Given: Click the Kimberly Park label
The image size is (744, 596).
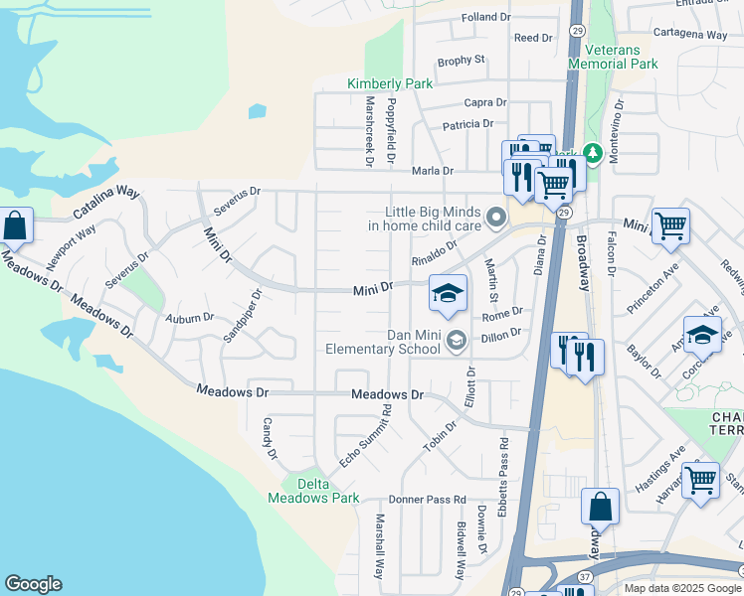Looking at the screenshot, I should click(390, 84).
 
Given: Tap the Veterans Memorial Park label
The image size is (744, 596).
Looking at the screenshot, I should click(613, 57).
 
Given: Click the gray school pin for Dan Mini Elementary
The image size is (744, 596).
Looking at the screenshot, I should click(456, 342).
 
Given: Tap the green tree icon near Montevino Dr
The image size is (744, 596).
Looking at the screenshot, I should click(593, 153).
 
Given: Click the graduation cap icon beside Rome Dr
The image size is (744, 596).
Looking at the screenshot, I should click(449, 293).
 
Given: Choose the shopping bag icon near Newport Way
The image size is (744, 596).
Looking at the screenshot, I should click(15, 226).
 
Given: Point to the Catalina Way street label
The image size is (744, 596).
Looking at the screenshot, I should click(107, 202).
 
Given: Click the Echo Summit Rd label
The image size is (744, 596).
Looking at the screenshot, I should click(363, 440).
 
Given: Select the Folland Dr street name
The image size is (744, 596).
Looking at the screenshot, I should click(485, 18).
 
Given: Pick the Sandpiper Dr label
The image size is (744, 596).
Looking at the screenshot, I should click(242, 316).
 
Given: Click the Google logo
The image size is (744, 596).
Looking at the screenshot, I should click(33, 584).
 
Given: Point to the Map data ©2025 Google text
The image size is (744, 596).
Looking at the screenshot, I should click(681, 588).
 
